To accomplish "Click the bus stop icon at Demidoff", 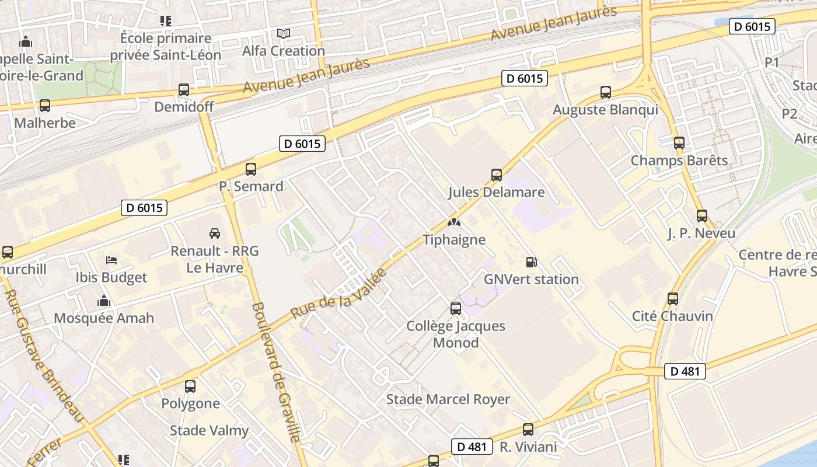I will pos(184,90).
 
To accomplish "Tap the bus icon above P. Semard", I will pos(251,169).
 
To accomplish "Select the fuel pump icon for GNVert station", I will pos(531,262).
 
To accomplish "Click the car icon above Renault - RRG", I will pos(215,233).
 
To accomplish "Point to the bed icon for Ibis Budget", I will pos(111,260).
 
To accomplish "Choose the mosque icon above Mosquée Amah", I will pos(104,301).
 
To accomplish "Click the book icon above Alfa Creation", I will pos(284,34).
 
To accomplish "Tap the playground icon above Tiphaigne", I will pos(453,222).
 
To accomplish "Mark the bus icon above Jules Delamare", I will pos(497,175).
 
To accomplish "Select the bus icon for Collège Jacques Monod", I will pos(456,308).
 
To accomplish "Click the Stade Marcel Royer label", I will pos(448,399).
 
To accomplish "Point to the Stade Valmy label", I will pos(209,431).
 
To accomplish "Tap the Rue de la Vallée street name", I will pos(338,294).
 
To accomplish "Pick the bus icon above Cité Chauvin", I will pos(673,299).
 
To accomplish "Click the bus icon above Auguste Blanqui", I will pos(606,92).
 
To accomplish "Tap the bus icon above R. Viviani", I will pos(528,430).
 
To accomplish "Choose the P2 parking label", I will pos(789,113).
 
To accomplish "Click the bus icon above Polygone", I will pos(190,386).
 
